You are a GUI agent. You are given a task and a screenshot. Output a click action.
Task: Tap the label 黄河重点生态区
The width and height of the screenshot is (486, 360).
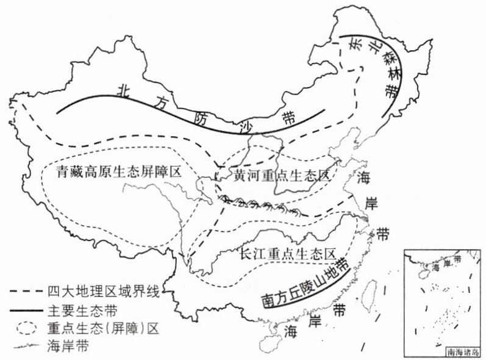[x=282, y=176]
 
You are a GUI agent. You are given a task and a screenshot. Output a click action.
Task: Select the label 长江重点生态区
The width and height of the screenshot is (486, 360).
[x=288, y=254]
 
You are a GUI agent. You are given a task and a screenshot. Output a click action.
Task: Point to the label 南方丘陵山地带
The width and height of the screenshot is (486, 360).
[x=305, y=283]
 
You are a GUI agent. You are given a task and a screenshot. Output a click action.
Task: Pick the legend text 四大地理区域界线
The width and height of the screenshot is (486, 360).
[x=104, y=292]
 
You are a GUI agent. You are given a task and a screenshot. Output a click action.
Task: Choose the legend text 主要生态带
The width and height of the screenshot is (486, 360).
[x=82, y=310]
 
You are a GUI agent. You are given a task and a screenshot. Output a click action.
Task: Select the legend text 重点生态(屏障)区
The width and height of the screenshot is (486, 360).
[x=103, y=328]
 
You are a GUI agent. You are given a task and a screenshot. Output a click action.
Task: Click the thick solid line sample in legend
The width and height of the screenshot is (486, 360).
[x=26, y=311]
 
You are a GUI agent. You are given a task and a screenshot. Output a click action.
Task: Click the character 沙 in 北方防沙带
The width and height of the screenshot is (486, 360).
[x=248, y=127]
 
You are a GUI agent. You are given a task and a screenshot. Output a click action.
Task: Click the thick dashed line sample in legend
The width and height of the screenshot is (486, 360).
[x=26, y=292]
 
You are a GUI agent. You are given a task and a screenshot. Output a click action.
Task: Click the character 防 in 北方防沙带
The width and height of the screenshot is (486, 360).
[x=200, y=118]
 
